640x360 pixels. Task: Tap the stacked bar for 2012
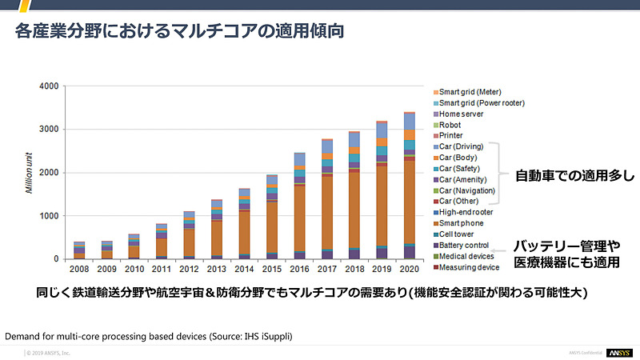pos(189,235)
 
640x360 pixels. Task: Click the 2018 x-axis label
pos(354,270)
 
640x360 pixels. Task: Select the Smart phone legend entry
pos(463,223)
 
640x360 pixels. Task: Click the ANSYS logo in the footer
pos(618,352)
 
